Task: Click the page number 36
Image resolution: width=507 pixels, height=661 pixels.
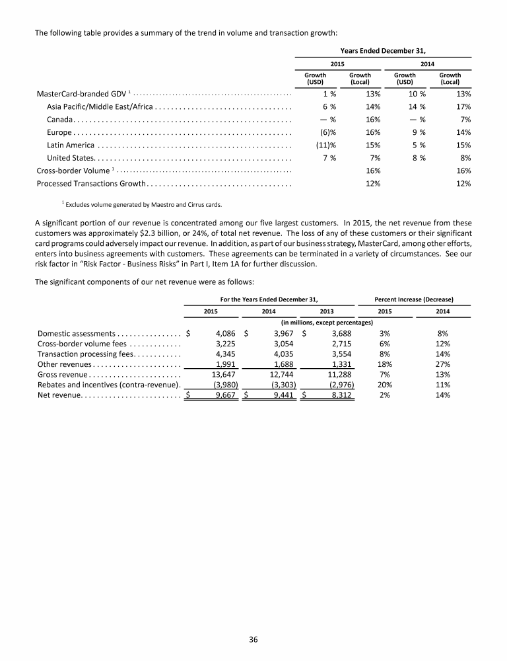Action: point(253,639)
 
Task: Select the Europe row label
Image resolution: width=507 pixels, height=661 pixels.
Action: point(59,132)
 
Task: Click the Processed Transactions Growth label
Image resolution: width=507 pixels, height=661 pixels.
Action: point(90,182)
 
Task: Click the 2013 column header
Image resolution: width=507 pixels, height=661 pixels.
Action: point(326,311)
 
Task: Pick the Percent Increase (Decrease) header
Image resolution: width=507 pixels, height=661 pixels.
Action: point(413,299)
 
